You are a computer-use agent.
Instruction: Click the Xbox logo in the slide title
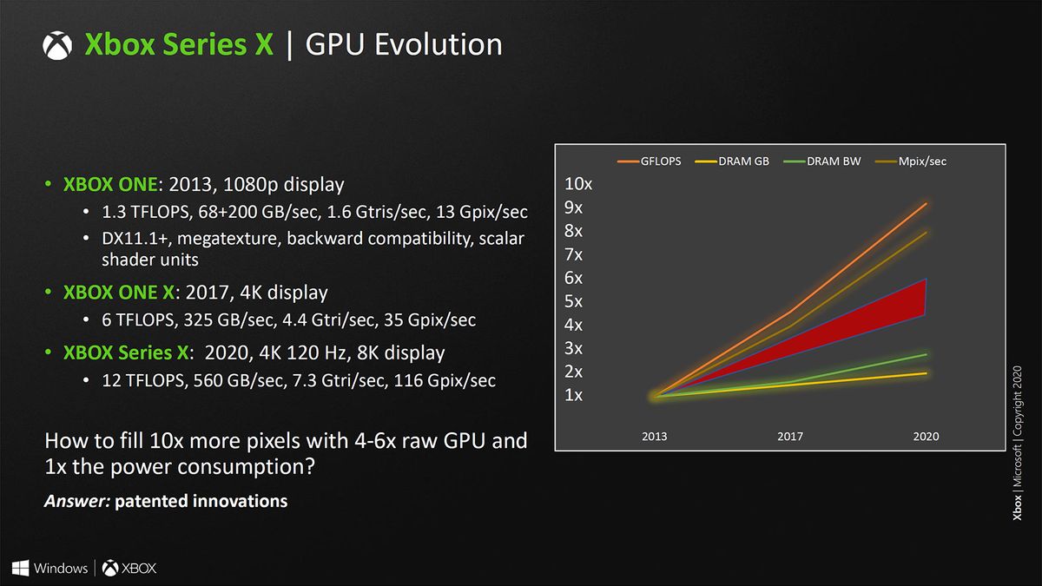(57, 45)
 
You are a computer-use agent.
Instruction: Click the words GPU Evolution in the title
(405, 44)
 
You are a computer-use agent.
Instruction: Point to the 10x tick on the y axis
(579, 184)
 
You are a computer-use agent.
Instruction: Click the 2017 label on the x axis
(790, 436)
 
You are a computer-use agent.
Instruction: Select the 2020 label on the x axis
(926, 436)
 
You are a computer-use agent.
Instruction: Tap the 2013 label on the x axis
(655, 436)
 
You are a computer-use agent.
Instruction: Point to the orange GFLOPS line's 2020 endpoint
(927, 203)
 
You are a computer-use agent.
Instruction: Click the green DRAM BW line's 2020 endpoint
(927, 354)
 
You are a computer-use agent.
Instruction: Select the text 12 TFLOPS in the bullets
(140, 380)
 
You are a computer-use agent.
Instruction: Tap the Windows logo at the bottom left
(22, 569)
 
